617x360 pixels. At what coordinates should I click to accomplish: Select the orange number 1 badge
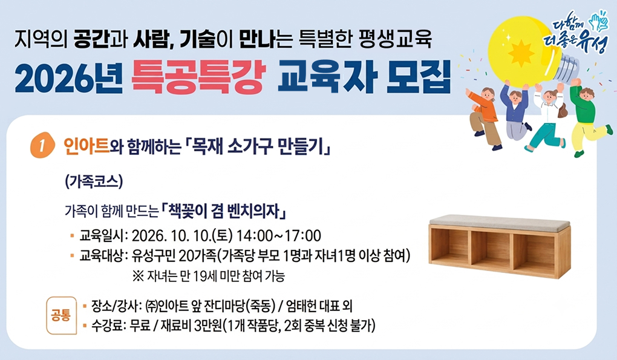click(x=42, y=145)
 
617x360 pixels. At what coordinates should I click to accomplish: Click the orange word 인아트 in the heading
click(x=86, y=147)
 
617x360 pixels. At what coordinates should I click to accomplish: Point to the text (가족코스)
click(x=94, y=182)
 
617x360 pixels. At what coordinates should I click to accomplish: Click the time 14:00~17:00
click(x=279, y=236)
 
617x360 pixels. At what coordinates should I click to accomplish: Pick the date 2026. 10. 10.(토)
click(x=182, y=236)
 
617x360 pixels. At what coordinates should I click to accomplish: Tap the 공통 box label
click(x=61, y=315)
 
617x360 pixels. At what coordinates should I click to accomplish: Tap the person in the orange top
click(x=483, y=117)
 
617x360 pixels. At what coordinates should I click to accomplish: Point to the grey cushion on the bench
click(x=499, y=222)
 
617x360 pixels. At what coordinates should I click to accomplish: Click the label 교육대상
click(x=101, y=256)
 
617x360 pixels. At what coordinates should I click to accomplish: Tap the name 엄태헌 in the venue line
click(x=301, y=306)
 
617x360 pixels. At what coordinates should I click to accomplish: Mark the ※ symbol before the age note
click(x=138, y=276)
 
